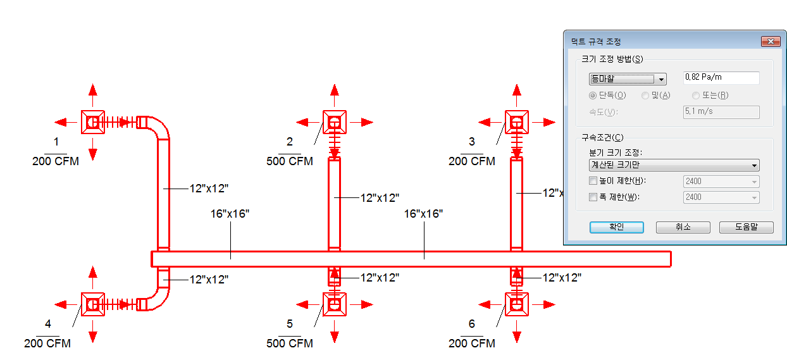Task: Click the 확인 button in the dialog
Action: pyautogui.click(x=617, y=227)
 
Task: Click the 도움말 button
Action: pyautogui.click(x=747, y=227)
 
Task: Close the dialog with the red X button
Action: pyautogui.click(x=771, y=42)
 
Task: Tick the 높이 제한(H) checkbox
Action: pyautogui.click(x=593, y=181)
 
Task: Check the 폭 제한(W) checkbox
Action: pyautogui.click(x=593, y=197)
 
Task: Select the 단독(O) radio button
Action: pyautogui.click(x=593, y=95)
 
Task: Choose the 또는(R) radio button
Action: pyautogui.click(x=696, y=95)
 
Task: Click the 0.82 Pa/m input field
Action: pyautogui.click(x=721, y=78)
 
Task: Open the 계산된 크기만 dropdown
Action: pyautogui.click(x=674, y=165)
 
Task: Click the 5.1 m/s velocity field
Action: pyautogui.click(x=721, y=112)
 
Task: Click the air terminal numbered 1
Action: pyautogui.click(x=93, y=122)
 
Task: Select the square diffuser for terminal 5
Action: pyautogui.click(x=335, y=304)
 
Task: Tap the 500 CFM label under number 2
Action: pyautogui.click(x=290, y=161)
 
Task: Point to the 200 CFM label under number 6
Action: pyautogui.click(x=471, y=343)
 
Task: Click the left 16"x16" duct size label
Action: pyautogui.click(x=230, y=214)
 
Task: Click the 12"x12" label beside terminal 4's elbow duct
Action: pyautogui.click(x=209, y=280)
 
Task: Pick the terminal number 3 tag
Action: pyautogui.click(x=471, y=142)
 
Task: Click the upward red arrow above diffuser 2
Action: pyautogui.click(x=335, y=95)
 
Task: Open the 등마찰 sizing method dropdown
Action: pyautogui.click(x=628, y=79)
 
